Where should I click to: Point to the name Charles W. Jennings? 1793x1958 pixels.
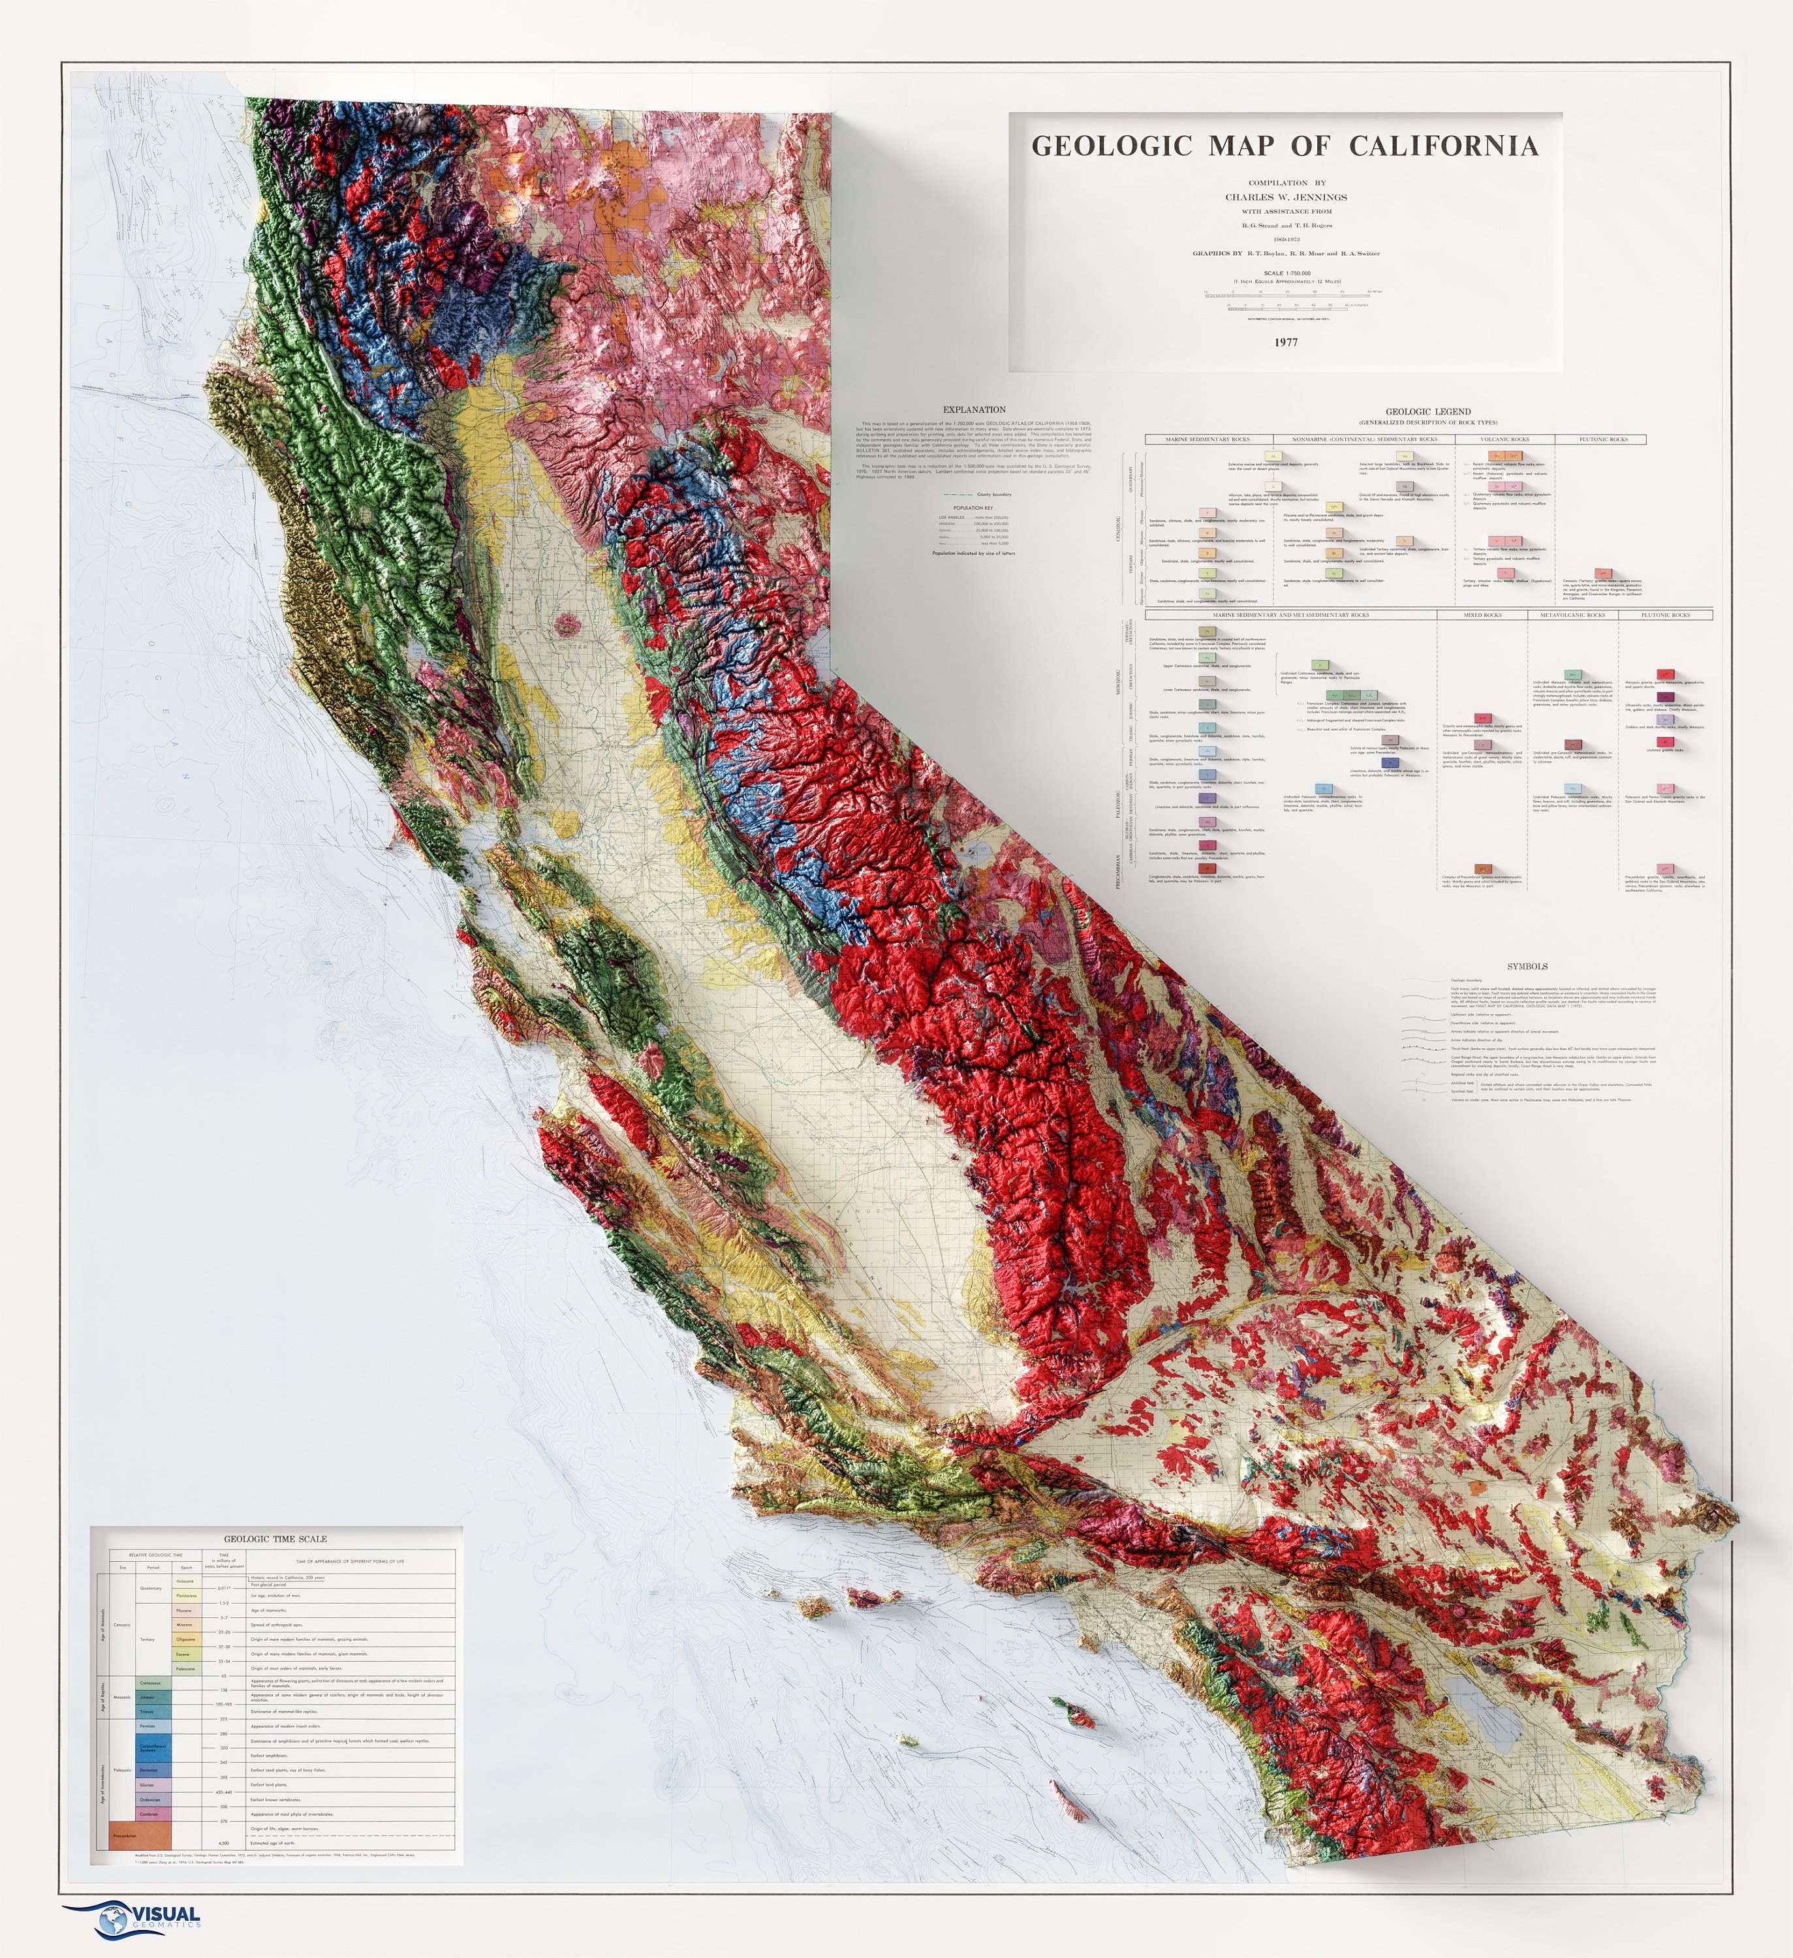1286,197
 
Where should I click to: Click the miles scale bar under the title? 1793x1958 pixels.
1286,291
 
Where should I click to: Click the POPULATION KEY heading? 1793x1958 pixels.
973,508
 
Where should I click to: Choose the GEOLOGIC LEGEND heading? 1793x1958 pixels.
1427,412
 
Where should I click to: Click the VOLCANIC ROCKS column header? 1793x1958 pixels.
1505,439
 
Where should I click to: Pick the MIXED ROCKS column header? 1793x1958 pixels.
1482,615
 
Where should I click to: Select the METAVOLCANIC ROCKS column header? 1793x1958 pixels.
1572,615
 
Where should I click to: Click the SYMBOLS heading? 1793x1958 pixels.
1527,967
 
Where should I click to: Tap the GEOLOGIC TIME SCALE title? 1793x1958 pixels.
275,1538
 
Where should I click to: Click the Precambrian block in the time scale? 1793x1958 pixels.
134,1835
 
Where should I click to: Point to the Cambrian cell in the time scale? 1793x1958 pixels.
149,1813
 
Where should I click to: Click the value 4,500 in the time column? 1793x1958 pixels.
223,1842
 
